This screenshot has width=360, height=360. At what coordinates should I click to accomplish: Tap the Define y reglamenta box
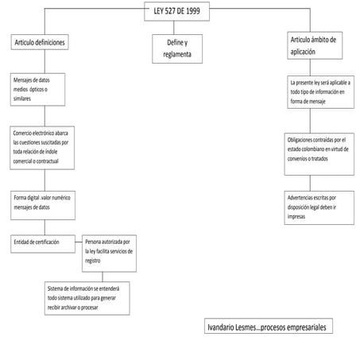pos(177,48)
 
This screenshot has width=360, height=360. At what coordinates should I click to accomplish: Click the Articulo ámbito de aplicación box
pos(315,45)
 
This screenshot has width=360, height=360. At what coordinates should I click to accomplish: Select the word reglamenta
pos(177,55)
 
